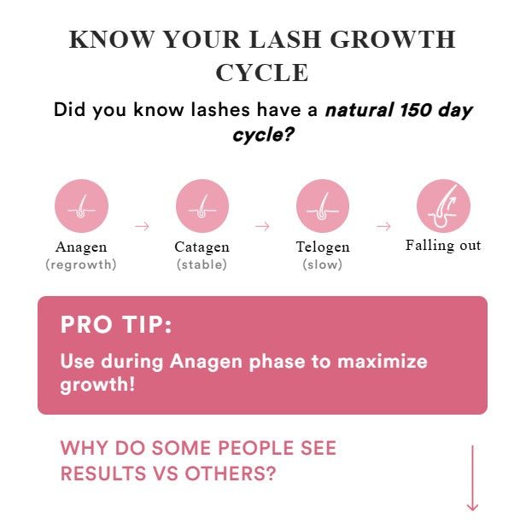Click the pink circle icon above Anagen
point(81,206)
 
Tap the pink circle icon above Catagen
point(202,206)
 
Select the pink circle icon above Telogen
point(323,206)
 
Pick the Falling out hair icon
point(443,206)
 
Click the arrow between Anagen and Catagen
point(143,226)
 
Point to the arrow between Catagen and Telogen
point(262,226)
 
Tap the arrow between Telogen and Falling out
point(383,226)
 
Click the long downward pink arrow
point(472,479)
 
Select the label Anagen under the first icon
point(81,247)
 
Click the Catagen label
point(202,247)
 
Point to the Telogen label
point(323,247)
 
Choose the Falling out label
point(443,246)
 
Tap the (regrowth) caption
point(81,264)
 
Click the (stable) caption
point(202,264)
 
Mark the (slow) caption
point(323,264)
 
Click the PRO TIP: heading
point(116,324)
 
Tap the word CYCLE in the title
point(262,73)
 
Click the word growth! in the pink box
point(97,384)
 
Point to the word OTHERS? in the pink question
point(231,474)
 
